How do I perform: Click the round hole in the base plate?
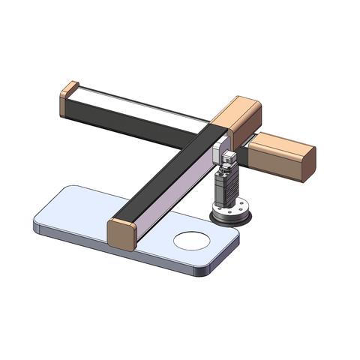192,241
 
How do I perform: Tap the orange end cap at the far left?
69,98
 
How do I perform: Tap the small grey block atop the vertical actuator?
228,159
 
